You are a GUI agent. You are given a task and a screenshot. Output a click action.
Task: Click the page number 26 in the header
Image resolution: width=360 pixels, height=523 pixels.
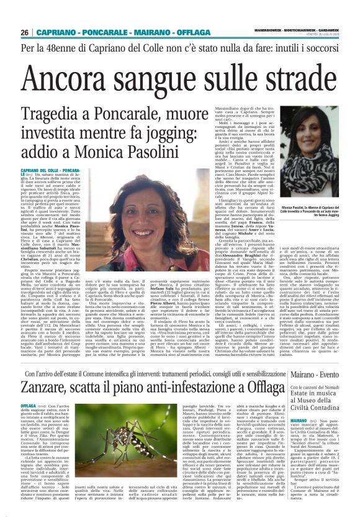pyautogui.click(x=25, y=32)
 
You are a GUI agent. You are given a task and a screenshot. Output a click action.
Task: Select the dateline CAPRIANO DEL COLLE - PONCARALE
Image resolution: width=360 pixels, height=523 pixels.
pyautogui.click(x=58, y=170)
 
